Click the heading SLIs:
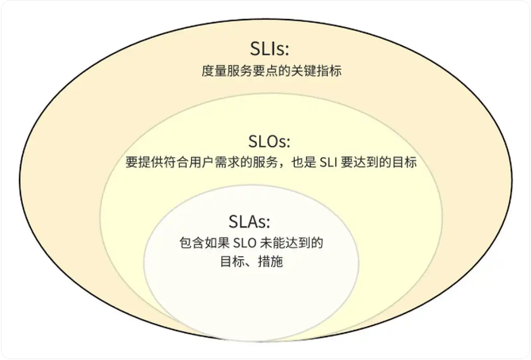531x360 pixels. point(269,48)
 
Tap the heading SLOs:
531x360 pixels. point(269,141)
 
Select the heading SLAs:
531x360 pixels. point(249,222)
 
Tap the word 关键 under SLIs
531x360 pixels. point(304,71)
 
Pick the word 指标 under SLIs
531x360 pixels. point(329,71)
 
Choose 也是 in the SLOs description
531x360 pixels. point(304,162)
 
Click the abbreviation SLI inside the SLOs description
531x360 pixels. point(328,163)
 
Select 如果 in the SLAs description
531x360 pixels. point(217,243)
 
